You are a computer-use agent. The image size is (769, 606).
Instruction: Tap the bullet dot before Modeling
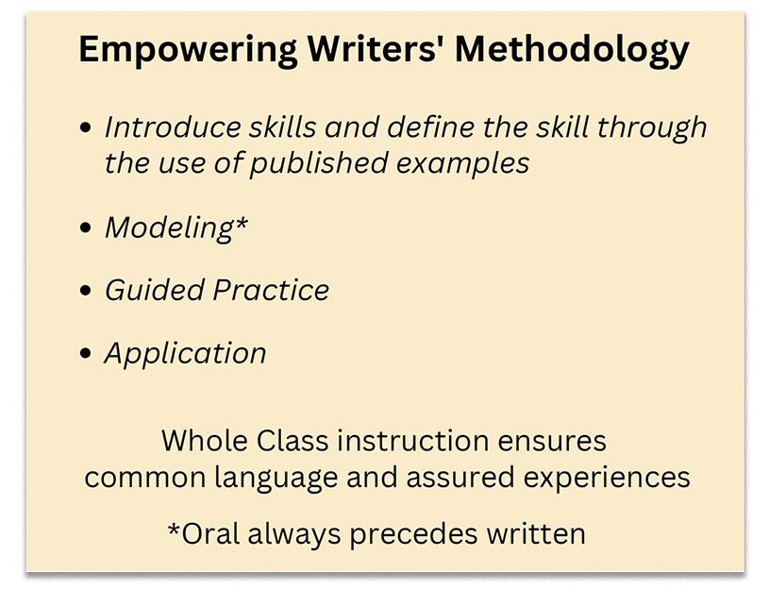pos(87,228)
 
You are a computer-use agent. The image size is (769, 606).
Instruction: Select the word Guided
pos(154,290)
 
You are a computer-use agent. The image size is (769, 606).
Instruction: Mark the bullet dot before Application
pos(87,354)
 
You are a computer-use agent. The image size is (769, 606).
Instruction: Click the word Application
pos(185,354)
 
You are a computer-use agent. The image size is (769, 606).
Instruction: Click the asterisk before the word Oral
pos(174,529)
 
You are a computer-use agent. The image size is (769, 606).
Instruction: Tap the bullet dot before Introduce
pos(87,127)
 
